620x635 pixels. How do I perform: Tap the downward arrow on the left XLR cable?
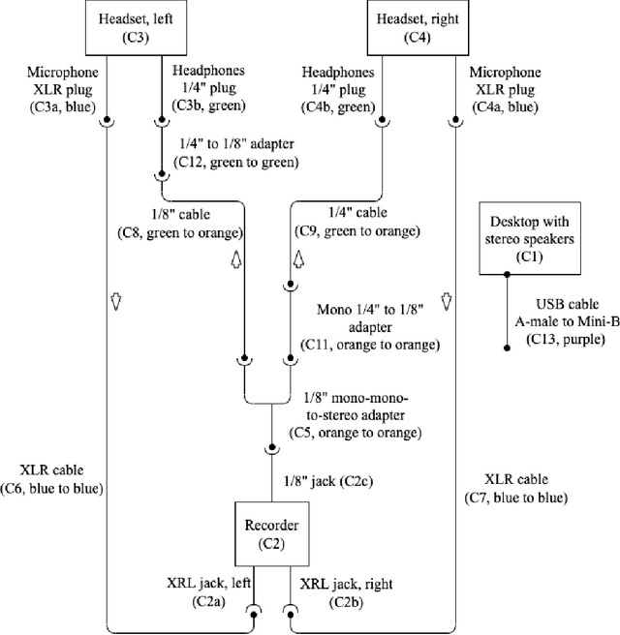pos(114,302)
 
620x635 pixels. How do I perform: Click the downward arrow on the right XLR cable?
pos(448,302)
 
